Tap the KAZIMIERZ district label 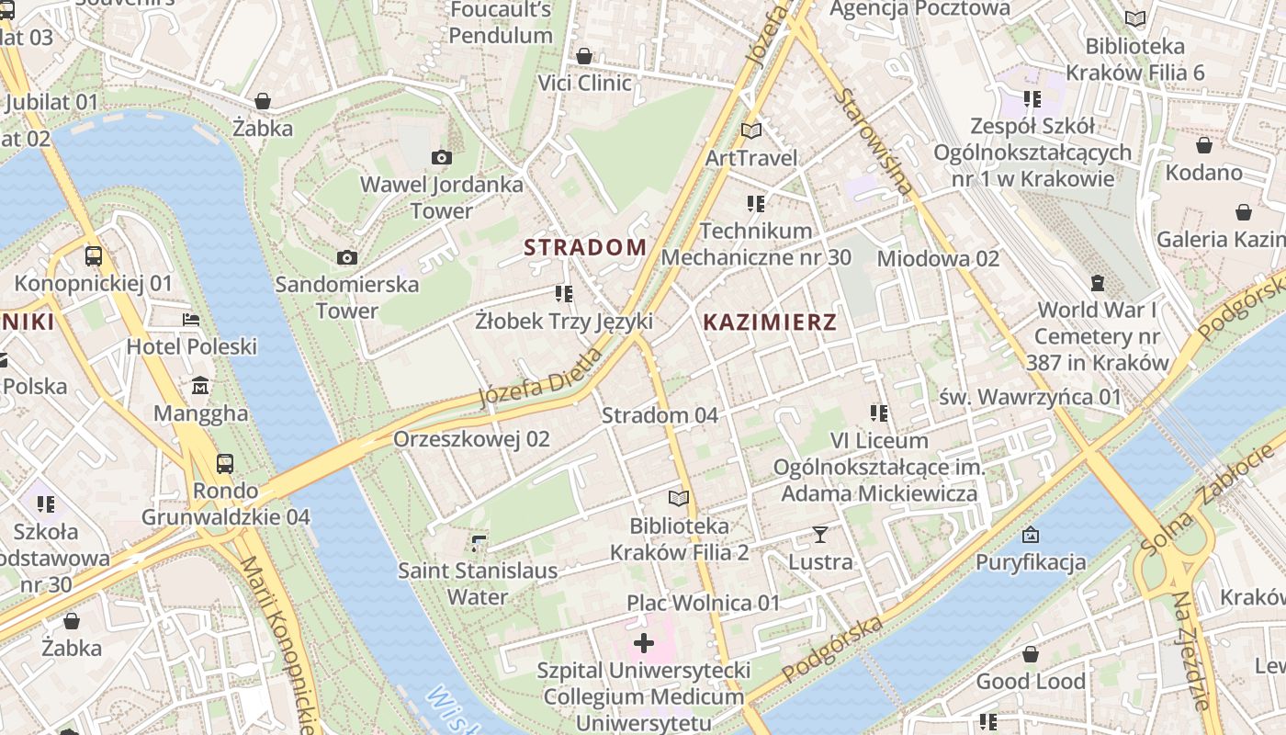770,322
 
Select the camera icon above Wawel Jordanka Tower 442,157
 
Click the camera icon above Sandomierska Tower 347,257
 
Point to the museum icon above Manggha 200,386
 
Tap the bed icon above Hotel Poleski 191,320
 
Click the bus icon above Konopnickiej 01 93,255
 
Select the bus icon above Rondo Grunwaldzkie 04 225,463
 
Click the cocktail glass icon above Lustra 820,534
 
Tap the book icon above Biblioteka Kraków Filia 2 679,498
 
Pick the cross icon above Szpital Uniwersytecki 644,642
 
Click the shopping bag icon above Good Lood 1031,654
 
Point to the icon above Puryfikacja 1031,535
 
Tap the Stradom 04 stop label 660,415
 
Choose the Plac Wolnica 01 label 703,603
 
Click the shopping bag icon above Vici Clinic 584,56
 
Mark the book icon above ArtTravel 751,130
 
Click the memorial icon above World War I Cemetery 1097,282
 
